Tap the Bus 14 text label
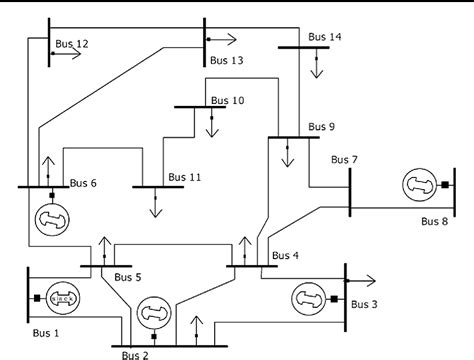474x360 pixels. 325,37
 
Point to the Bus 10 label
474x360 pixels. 224,100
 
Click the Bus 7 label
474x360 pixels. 344,159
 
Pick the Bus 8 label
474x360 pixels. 436,221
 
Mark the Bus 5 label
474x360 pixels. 128,277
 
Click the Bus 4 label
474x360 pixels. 286,256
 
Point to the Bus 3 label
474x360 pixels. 366,302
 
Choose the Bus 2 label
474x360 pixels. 136,353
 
